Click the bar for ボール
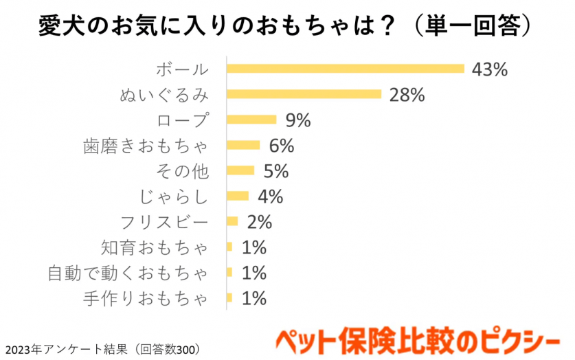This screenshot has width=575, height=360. pyautogui.click(x=346, y=68)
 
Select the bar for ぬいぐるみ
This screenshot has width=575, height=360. pyautogui.click(x=304, y=93)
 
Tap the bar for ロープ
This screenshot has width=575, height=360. pyautogui.click(x=251, y=120)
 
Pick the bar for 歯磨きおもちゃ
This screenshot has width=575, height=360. pyautogui.click(x=243, y=145)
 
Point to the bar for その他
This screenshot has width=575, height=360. pyautogui.click(x=240, y=170)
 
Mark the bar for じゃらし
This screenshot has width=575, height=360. pyautogui.click(x=238, y=196)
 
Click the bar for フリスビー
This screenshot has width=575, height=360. pyautogui.click(x=232, y=221)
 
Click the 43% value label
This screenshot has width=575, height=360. pyautogui.click(x=489, y=69)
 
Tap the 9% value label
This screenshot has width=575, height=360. pyautogui.click(x=297, y=120)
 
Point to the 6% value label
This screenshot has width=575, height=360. pyautogui.click(x=281, y=146)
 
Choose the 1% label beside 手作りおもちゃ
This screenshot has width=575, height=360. pyautogui.click(x=253, y=298)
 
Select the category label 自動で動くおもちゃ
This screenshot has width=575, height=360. pyautogui.click(x=128, y=273)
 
